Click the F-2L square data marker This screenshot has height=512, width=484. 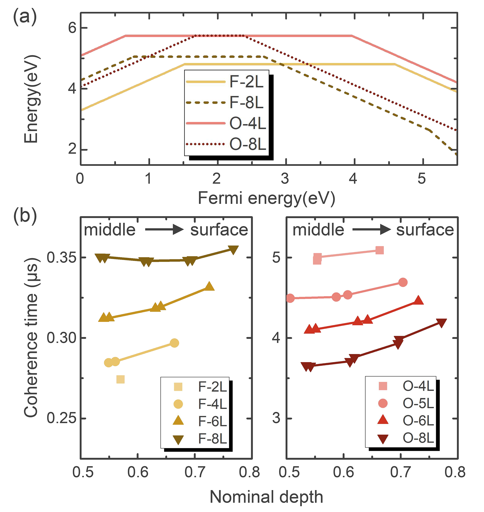click(120, 380)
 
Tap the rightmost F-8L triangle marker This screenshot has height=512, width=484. click(233, 250)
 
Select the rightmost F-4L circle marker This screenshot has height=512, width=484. click(175, 343)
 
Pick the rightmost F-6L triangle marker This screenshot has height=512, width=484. click(209, 286)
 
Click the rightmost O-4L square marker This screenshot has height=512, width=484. click(380, 250)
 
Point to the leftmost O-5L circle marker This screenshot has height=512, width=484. click(290, 298)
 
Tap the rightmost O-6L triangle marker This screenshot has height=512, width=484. click(418, 301)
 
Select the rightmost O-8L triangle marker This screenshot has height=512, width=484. click(442, 323)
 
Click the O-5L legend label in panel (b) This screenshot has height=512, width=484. click(418, 404)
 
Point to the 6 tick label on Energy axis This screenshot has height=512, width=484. click(73, 28)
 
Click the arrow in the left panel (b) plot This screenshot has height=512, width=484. click(164, 230)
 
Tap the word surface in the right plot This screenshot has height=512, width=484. click(425, 230)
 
